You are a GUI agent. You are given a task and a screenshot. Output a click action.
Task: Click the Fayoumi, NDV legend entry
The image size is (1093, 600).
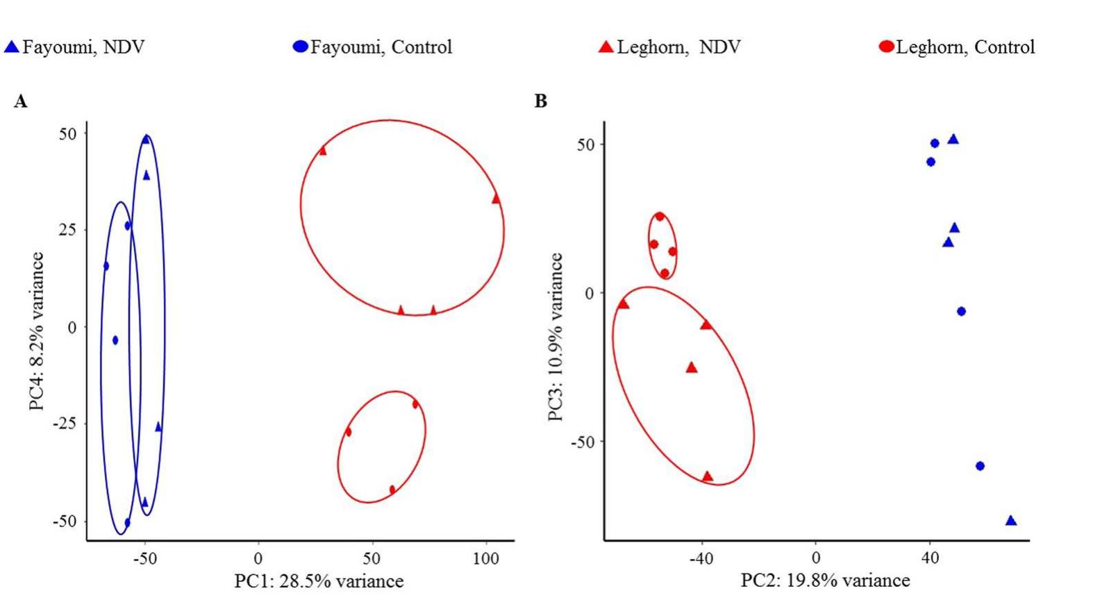[x=74, y=47]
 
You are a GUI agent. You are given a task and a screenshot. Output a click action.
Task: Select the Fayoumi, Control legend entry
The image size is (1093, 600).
[x=372, y=47]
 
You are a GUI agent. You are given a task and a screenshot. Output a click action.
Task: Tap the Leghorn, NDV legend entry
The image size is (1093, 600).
[x=669, y=47]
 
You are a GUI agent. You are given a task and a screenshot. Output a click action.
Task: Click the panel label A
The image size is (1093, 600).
[x=20, y=102]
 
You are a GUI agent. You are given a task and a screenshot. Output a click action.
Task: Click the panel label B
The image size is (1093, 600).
[x=540, y=101]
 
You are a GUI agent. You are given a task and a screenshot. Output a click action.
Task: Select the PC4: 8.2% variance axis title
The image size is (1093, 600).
[x=37, y=331]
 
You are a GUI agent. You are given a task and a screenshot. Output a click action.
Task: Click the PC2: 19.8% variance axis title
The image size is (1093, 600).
[x=825, y=580]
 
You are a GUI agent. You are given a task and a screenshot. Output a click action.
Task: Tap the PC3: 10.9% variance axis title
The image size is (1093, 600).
[x=556, y=337]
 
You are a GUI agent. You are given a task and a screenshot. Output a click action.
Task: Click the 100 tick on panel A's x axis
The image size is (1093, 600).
[x=485, y=558]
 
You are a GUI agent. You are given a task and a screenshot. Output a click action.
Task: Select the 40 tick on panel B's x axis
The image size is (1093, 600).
[x=930, y=558]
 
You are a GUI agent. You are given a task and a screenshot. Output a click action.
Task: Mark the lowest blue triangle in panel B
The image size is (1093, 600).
[x=1011, y=521]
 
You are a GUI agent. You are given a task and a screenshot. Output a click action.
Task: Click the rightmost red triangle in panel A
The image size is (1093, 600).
[x=496, y=199]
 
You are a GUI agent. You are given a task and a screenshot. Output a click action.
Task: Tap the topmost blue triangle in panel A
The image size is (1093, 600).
[x=146, y=140]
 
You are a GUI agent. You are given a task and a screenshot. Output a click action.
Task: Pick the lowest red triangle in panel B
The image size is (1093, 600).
[x=707, y=476]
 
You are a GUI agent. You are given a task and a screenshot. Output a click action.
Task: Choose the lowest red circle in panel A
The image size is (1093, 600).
[x=392, y=490]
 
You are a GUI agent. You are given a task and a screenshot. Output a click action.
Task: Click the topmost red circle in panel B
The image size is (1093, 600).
[x=660, y=217]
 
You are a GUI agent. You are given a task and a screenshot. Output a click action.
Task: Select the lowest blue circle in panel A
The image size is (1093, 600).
[x=127, y=522]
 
